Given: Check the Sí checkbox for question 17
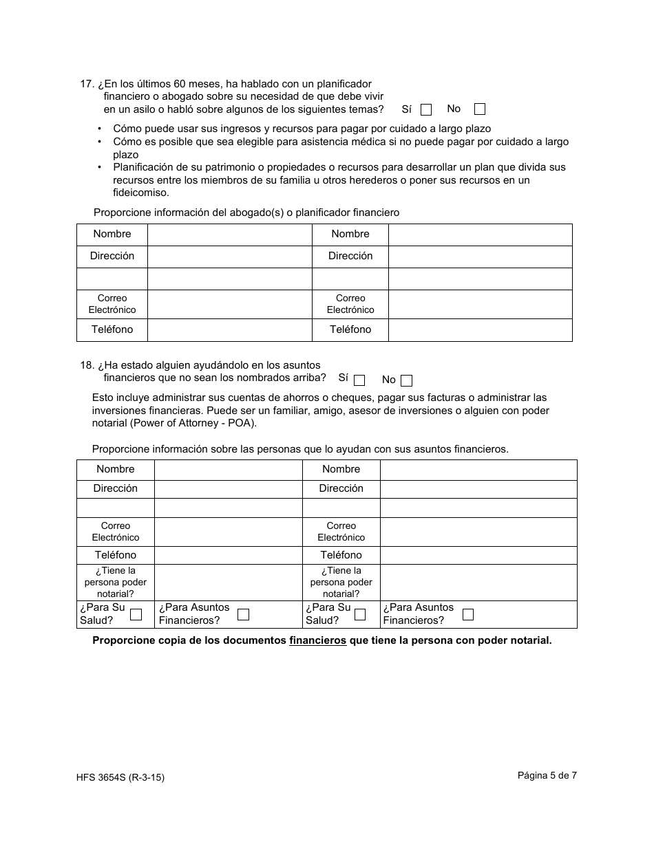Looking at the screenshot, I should coord(426,109).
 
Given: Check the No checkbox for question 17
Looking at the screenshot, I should coord(480,109).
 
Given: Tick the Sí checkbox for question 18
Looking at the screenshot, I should coord(359,380).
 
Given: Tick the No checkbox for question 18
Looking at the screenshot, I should coord(407,380).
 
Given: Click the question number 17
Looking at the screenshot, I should coord(87,84).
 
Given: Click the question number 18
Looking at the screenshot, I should coord(87,365).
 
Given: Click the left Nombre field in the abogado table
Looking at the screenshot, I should coord(229,235).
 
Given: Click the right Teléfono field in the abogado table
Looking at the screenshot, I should coord(480,329).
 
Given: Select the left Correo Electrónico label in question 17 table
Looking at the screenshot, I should coord(112,304).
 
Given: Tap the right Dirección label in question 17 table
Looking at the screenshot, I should coord(350,256).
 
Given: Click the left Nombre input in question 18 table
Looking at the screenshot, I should coord(228,470).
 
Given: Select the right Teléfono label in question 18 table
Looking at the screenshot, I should coord(341,555).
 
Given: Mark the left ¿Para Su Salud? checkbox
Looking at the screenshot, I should coord(136,614).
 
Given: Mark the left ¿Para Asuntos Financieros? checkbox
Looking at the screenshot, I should coord(243,614).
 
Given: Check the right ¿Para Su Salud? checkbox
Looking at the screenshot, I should coord(360,614).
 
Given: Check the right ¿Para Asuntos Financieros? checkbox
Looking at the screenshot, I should coord(468,614).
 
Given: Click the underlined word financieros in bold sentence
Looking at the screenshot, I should coord(317,640).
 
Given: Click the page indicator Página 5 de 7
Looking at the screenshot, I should coord(547,775).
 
